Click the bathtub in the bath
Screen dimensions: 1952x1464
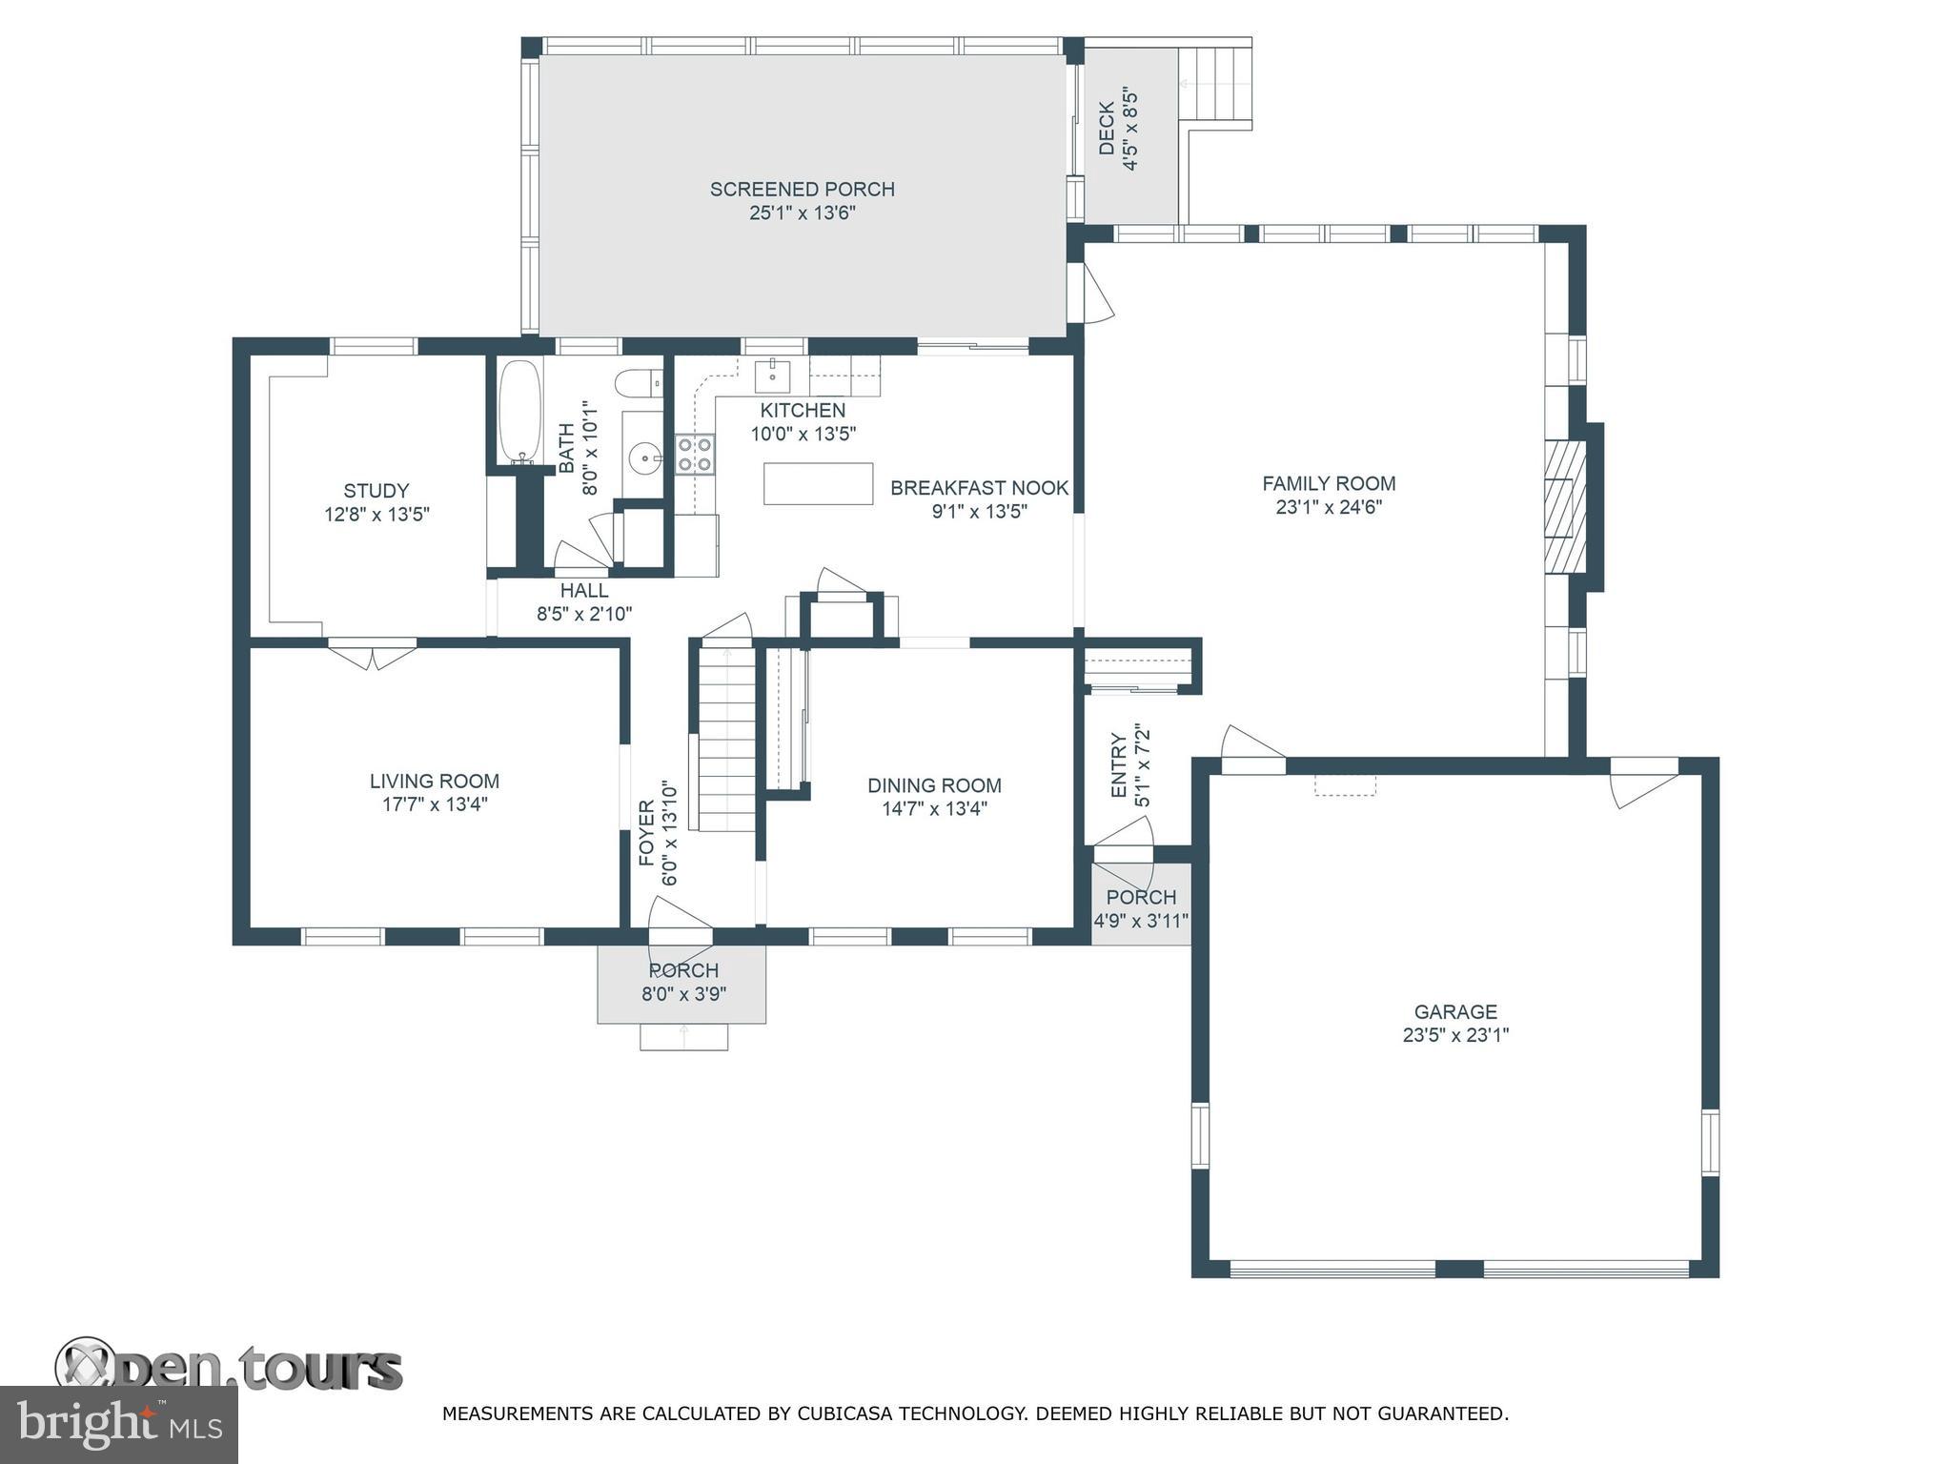(519, 411)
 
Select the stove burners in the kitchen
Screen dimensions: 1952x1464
(695, 454)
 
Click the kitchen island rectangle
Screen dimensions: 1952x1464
(818, 483)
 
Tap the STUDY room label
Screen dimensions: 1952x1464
(376, 491)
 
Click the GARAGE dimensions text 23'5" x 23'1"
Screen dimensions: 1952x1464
(1455, 1035)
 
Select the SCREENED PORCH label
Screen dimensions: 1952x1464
(803, 189)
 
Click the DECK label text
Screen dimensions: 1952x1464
(1107, 129)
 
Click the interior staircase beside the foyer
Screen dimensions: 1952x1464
(727, 738)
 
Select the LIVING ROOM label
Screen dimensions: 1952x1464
(435, 781)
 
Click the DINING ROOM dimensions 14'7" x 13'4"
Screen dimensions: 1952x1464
(934, 809)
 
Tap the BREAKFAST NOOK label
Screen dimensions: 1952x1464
(980, 488)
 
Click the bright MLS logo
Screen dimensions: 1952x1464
(119, 1424)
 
